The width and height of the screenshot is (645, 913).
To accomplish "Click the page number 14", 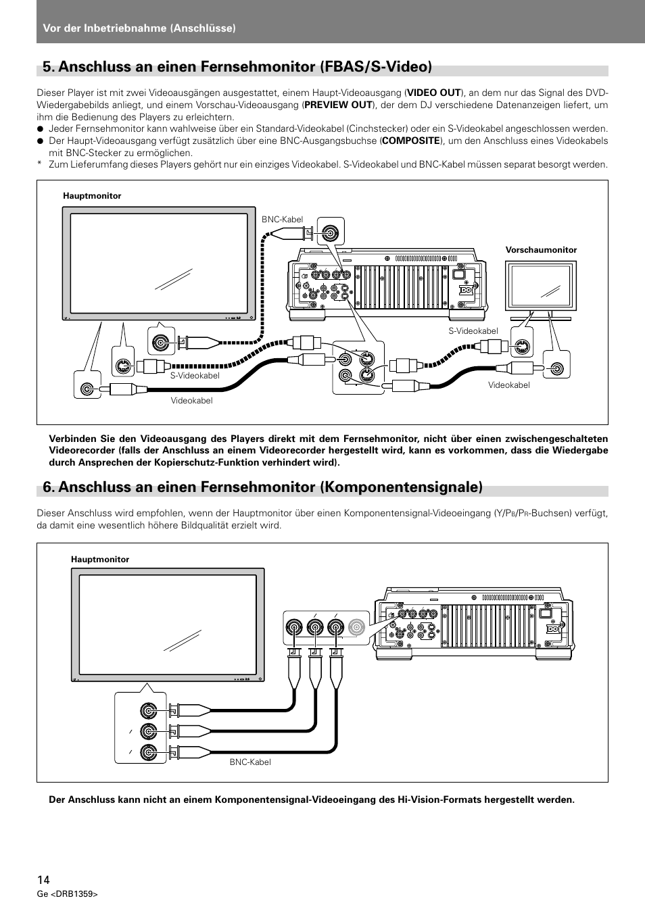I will (43, 879).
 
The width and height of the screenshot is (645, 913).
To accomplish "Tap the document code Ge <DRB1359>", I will (68, 894).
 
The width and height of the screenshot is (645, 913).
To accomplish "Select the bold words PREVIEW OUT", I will (338, 105).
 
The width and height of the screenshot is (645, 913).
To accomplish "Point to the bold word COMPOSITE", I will (410, 141).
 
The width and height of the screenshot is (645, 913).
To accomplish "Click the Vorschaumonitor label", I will (541, 250).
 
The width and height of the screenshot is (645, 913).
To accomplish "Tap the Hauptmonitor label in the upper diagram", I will (92, 196).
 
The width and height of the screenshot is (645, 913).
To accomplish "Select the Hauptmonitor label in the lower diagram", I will (100, 560).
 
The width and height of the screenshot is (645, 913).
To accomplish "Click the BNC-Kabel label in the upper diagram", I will (282, 220).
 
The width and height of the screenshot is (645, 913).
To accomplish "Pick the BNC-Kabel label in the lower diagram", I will (249, 762).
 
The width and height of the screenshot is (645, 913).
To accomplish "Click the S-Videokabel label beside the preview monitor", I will (473, 331).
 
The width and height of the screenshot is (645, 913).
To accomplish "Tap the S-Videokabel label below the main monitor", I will (195, 376).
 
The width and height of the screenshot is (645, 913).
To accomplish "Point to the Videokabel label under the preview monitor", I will (509, 385).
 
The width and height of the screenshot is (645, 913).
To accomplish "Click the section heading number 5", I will (48, 66).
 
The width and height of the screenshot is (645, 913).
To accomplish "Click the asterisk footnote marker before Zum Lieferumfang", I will (40, 165).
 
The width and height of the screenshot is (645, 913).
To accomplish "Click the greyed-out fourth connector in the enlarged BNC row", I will (357, 628).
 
